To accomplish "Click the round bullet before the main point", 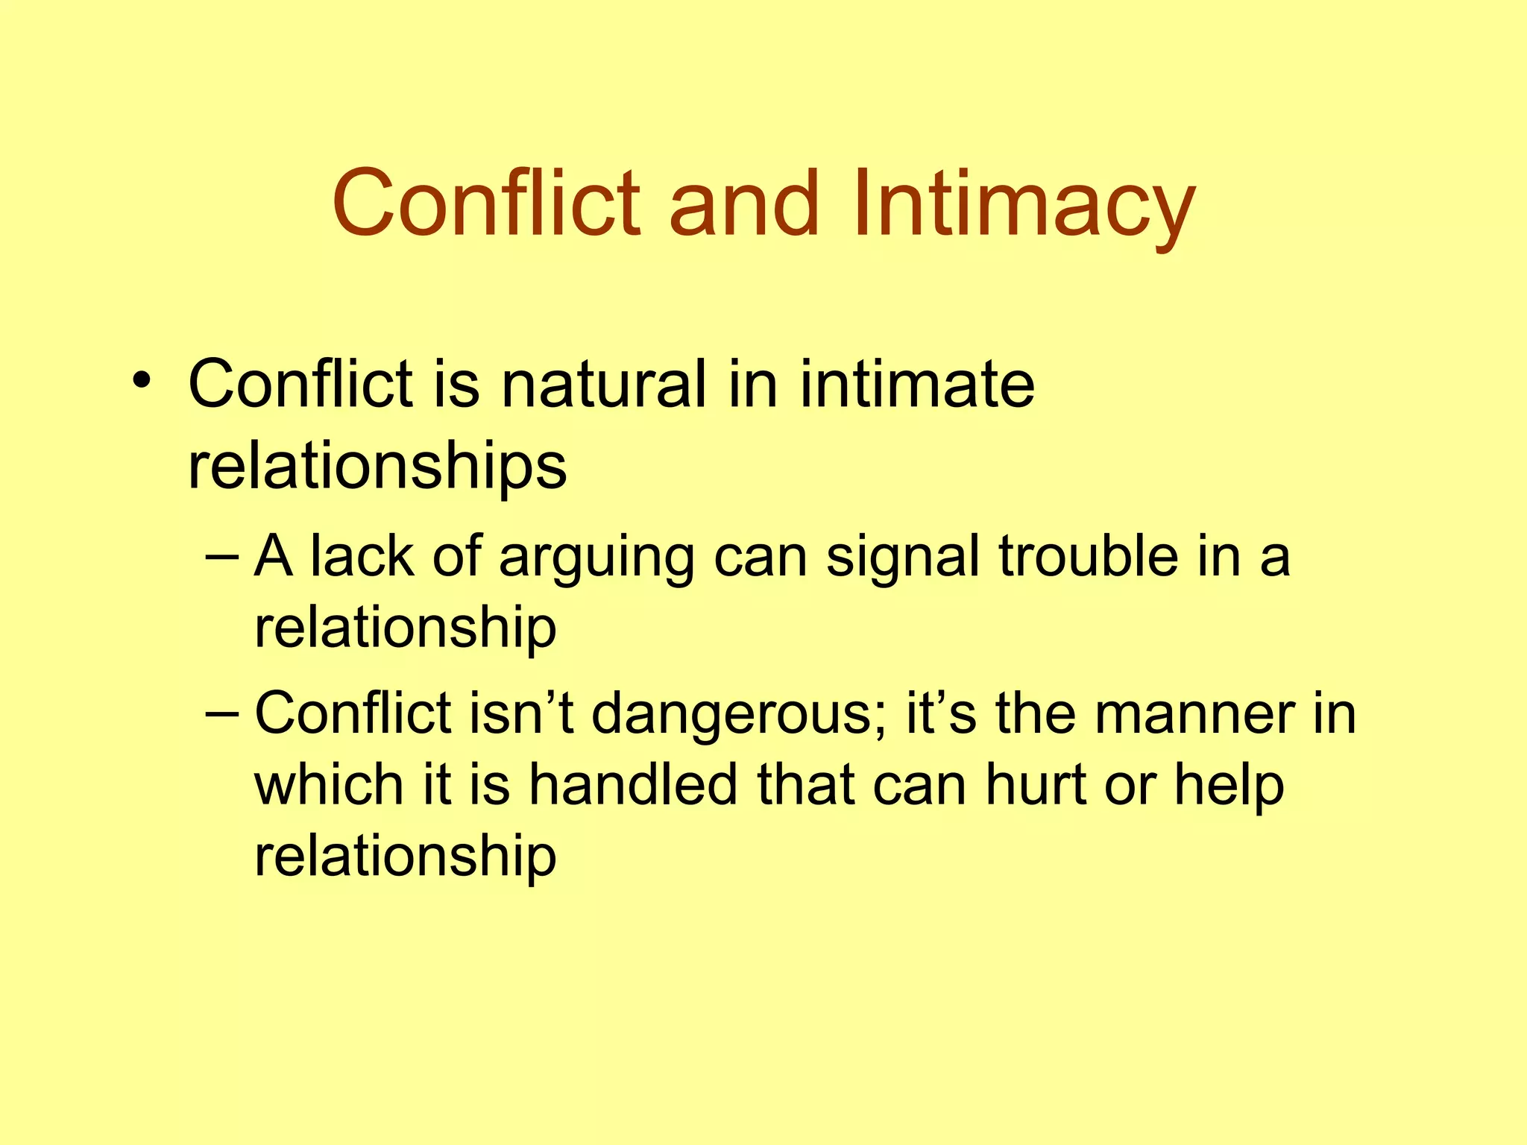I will click(142, 381).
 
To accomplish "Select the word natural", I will click(603, 385).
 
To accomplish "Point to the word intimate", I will click(917, 385).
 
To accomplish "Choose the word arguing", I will click(596, 559).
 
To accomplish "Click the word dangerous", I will click(739, 716).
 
